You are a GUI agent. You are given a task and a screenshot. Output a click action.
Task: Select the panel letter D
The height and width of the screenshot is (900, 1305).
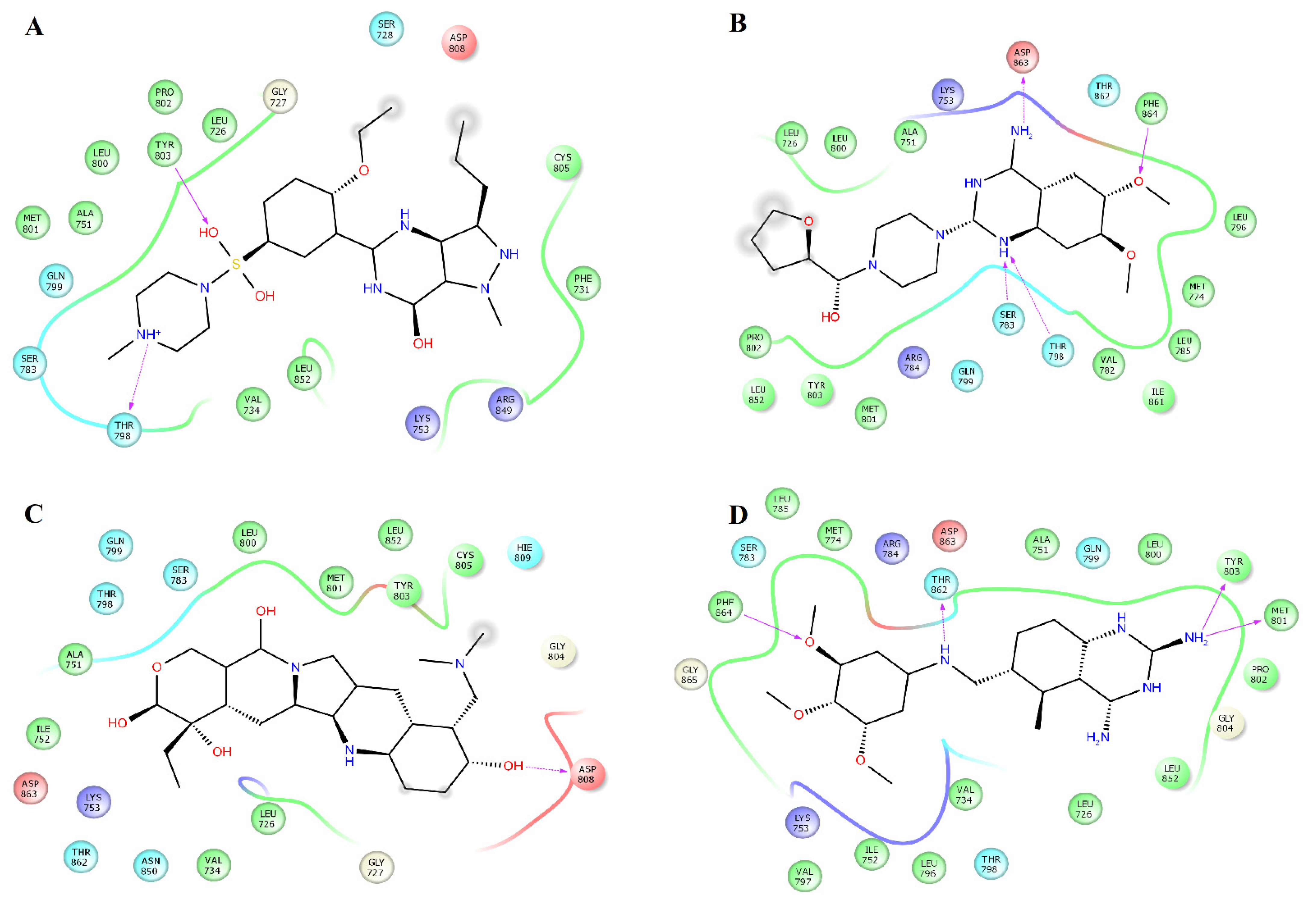tap(738, 514)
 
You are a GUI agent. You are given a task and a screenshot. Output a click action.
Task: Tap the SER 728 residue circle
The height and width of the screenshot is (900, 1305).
tap(386, 29)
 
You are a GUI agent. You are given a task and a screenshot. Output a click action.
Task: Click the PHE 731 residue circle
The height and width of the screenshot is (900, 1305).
tap(583, 284)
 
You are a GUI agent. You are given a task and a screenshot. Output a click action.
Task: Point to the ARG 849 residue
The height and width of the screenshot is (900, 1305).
tap(505, 404)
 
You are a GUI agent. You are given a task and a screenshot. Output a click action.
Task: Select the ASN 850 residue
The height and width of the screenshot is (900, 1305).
tap(151, 866)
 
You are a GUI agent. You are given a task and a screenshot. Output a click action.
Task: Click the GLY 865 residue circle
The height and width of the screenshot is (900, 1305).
tap(690, 674)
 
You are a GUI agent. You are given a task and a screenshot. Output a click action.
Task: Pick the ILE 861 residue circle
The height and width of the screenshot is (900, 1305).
tap(1158, 396)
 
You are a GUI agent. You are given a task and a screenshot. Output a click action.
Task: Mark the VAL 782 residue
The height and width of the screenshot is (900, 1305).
tap(1108, 365)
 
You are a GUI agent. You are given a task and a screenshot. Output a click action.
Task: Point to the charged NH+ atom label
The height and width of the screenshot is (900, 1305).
tap(148, 334)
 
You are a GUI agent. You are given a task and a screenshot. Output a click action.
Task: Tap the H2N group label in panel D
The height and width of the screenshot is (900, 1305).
tap(1097, 737)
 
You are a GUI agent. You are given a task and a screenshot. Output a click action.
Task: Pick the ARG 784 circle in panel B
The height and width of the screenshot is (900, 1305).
tap(913, 362)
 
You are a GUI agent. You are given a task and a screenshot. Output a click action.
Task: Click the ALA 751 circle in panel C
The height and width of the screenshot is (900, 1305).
tap(74, 659)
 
